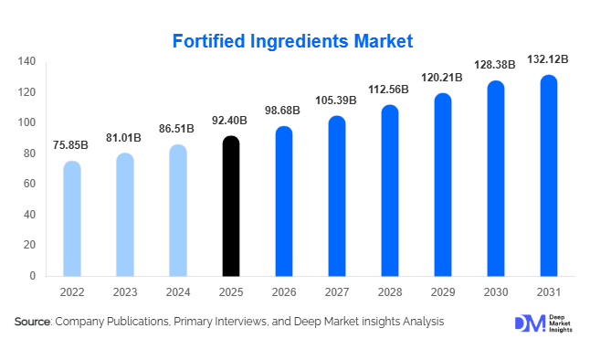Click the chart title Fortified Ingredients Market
point(293,41)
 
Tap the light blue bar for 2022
point(71,219)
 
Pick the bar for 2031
point(549,175)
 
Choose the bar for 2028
point(390,191)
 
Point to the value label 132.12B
point(549,59)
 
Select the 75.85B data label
point(71,145)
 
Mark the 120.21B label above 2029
point(443,78)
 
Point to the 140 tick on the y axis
point(26,61)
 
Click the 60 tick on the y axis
point(30,184)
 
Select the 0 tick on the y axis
point(33,276)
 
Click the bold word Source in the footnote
point(32,323)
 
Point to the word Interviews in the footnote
point(238,323)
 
